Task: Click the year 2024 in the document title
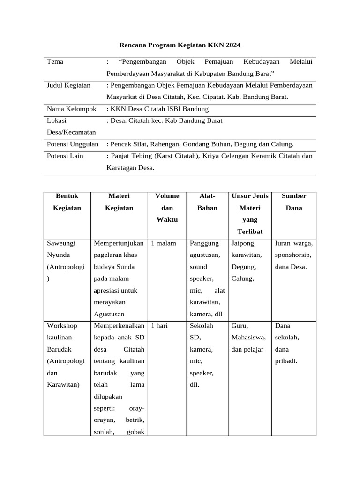pyautogui.click(x=232, y=45)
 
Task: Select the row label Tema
pyautogui.click(x=55, y=62)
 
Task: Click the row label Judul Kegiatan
pyautogui.click(x=68, y=85)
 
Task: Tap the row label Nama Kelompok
pyautogui.click(x=71, y=109)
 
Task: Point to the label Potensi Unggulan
pyautogui.click(x=73, y=144)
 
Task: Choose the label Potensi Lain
pyautogui.click(x=65, y=156)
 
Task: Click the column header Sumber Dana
pyautogui.click(x=294, y=202)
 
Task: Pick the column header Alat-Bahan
pyautogui.click(x=207, y=202)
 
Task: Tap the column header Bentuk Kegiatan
pyautogui.click(x=67, y=202)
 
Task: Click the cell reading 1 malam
pyautogui.click(x=164, y=243)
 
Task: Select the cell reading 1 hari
pyautogui.click(x=159, y=325)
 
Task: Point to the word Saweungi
pyautogui.click(x=61, y=243)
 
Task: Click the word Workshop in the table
pyautogui.click(x=62, y=325)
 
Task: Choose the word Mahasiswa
pyautogui.click(x=248, y=337)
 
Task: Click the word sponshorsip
pyautogui.click(x=293, y=255)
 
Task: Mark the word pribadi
pyautogui.click(x=286, y=361)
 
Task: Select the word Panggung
pyautogui.click(x=204, y=243)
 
